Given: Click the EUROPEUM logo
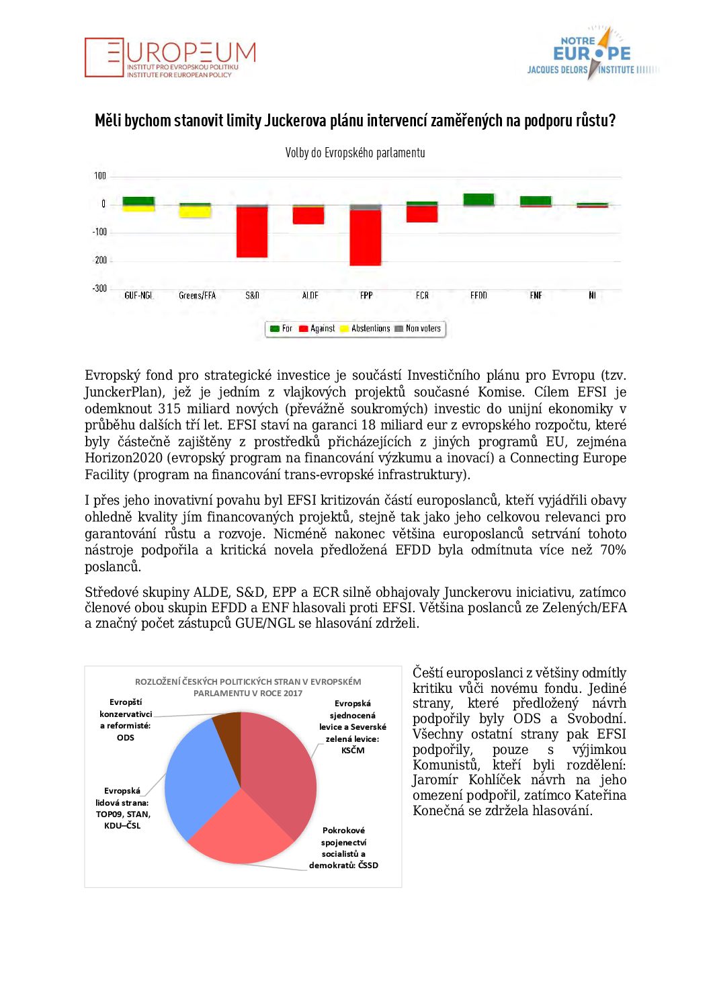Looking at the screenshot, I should coord(170,58).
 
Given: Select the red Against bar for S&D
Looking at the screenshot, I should coord(252,232).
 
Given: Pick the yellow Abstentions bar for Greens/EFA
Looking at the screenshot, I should coord(195,212).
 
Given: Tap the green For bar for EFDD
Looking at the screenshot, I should coord(478,199).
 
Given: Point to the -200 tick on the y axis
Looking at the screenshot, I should coord(100,260).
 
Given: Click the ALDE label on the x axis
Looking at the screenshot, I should coord(310,296).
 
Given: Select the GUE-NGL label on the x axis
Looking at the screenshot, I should coord(138,296).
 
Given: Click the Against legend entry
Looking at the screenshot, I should coord(317,329).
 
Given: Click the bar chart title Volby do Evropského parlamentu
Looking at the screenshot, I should coord(355,153).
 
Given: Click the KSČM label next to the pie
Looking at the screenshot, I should coord(352,751).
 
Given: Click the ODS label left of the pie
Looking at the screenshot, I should coord(125,738).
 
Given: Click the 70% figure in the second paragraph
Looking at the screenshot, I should coord(612,550).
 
